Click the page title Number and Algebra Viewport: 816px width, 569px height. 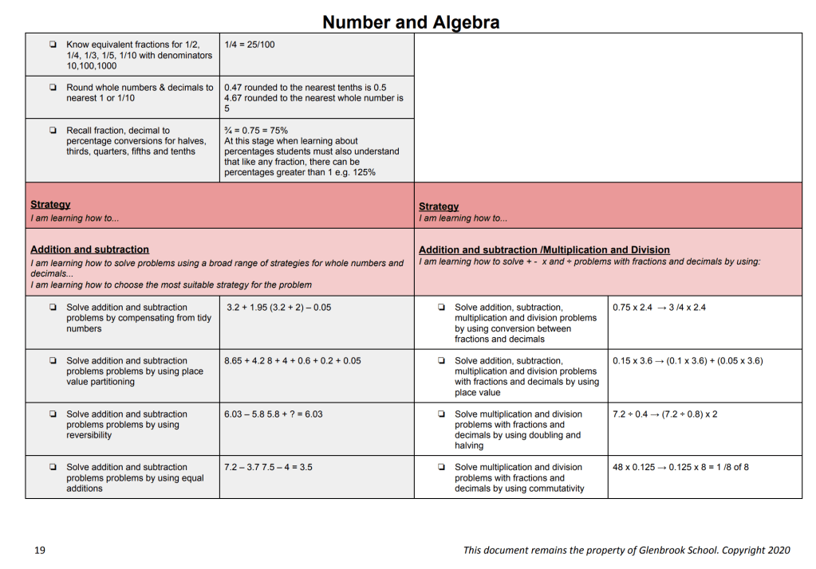(x=411, y=22)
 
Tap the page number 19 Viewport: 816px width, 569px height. (x=39, y=550)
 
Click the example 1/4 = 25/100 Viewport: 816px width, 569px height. (x=250, y=45)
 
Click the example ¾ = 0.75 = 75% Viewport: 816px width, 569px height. (x=256, y=131)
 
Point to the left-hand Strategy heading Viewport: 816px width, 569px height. (x=50, y=205)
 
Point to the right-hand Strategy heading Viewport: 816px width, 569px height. (x=439, y=206)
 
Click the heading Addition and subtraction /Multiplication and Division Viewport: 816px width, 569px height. (x=544, y=250)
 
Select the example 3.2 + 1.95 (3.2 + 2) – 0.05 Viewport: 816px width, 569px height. (x=278, y=308)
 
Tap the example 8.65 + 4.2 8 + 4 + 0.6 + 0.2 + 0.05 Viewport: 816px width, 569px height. (x=292, y=361)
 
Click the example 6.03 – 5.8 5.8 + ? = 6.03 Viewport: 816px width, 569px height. (x=274, y=414)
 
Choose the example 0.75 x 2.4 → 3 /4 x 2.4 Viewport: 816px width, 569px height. (x=659, y=308)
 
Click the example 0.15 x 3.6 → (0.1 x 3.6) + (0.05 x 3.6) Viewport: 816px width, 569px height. (x=688, y=361)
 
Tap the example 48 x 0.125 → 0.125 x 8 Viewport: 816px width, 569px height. (x=680, y=468)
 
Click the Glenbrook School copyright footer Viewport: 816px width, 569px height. (x=626, y=550)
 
